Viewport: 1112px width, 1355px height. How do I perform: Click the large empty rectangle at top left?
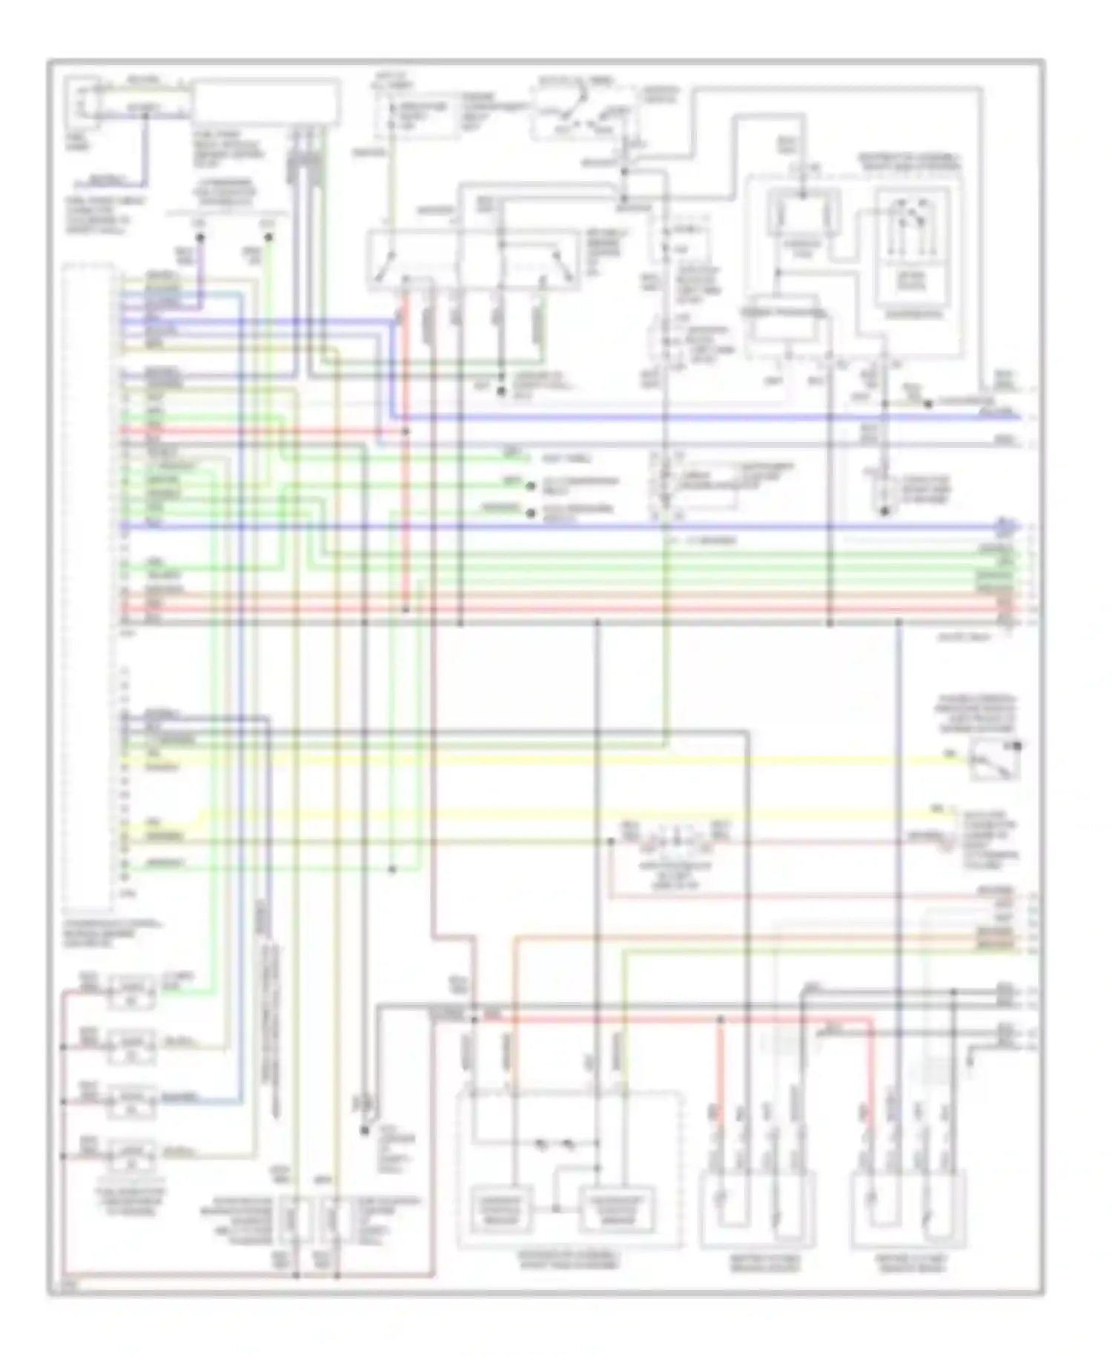click(x=267, y=102)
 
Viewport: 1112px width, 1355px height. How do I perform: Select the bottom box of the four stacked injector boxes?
click(x=132, y=1154)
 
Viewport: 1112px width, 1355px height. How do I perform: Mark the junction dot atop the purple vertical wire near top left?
click(x=200, y=238)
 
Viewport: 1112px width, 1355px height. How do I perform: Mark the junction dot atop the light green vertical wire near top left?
click(x=269, y=238)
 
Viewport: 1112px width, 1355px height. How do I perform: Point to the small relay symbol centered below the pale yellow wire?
click(x=675, y=842)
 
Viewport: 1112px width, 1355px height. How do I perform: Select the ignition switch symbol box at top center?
click(x=584, y=113)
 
